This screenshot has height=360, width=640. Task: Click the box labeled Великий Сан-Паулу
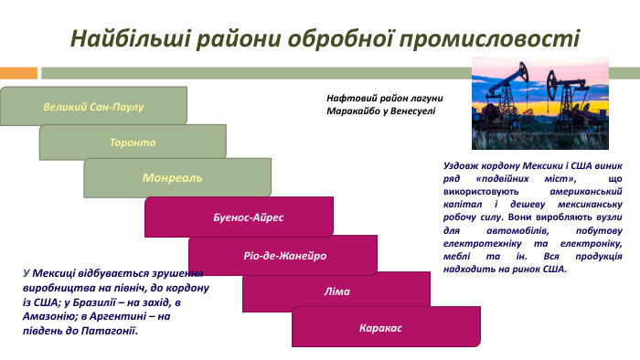tap(93, 106)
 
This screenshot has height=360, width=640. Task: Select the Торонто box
tap(133, 143)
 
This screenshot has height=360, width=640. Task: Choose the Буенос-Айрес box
tap(241, 218)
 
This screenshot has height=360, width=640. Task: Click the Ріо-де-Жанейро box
tap(284, 255)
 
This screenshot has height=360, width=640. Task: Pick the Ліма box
tap(336, 291)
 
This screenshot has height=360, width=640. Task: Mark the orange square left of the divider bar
tap(18, 72)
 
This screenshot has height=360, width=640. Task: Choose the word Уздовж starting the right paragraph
tap(461, 167)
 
